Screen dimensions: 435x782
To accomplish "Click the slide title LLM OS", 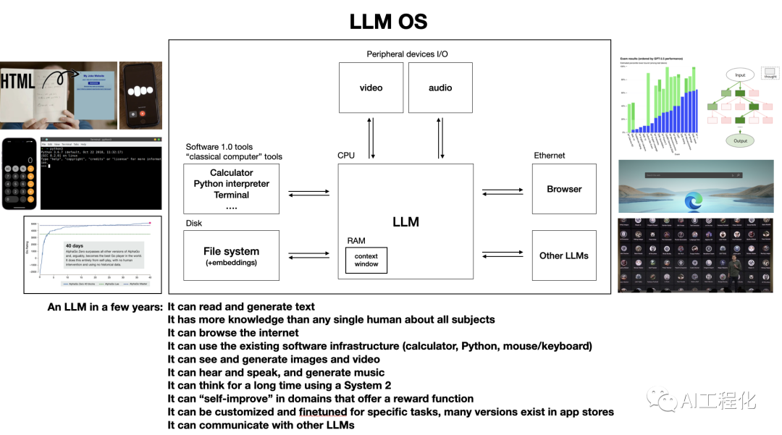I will click(388, 21).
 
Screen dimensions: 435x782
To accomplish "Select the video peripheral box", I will click(371, 88).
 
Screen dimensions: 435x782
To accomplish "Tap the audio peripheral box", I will click(440, 88).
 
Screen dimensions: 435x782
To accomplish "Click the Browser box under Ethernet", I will click(564, 189).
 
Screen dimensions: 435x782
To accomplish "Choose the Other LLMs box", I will click(564, 255).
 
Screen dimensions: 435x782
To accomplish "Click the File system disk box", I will click(231, 255).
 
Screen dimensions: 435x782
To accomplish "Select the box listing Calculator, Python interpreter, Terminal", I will click(231, 189).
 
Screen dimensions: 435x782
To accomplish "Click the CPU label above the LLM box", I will click(346, 156).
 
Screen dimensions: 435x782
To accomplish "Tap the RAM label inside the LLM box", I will click(356, 241).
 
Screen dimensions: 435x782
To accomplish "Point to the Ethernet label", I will click(549, 156).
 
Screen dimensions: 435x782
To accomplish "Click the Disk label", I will click(194, 224).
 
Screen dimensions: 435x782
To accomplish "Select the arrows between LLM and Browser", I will click(503, 191).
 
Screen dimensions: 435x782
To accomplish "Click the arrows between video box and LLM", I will click(371, 138).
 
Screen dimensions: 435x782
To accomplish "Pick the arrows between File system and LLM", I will click(308, 255).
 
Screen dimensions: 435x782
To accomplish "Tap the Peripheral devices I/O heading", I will click(407, 54).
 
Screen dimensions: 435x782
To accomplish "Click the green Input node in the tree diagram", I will click(740, 75).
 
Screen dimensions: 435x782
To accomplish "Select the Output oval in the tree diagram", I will click(740, 140).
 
